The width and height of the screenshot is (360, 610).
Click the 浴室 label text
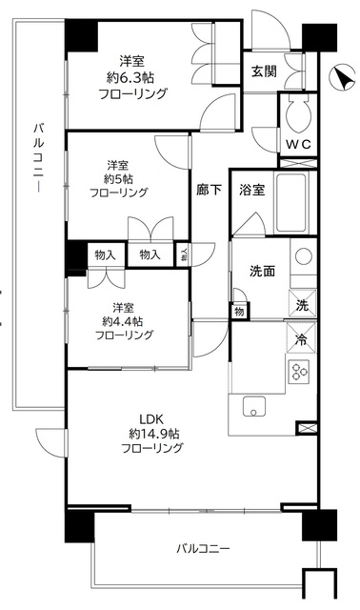tap(251, 189)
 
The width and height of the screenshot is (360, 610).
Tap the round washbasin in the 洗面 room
tap(301, 256)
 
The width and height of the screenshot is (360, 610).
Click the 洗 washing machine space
tap(301, 305)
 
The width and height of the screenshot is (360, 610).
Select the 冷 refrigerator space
tap(301, 339)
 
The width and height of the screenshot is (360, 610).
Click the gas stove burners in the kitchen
tap(301, 372)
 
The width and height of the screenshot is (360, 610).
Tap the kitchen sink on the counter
tap(254, 408)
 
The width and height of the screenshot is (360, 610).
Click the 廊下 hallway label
tap(210, 190)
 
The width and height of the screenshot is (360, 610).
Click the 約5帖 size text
tap(119, 176)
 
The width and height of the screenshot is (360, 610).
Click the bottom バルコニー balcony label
tap(204, 549)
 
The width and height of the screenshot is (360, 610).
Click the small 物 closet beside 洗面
tap(238, 312)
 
